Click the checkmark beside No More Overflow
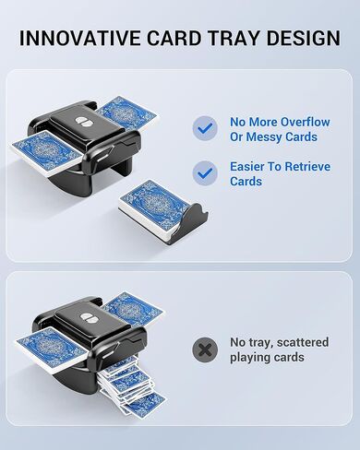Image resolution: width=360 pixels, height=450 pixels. [x=205, y=128]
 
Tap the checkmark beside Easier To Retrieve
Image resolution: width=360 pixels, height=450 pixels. [x=205, y=173]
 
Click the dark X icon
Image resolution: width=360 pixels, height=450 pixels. [x=205, y=349]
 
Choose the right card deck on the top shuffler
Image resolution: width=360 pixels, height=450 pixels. [x=124, y=113]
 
